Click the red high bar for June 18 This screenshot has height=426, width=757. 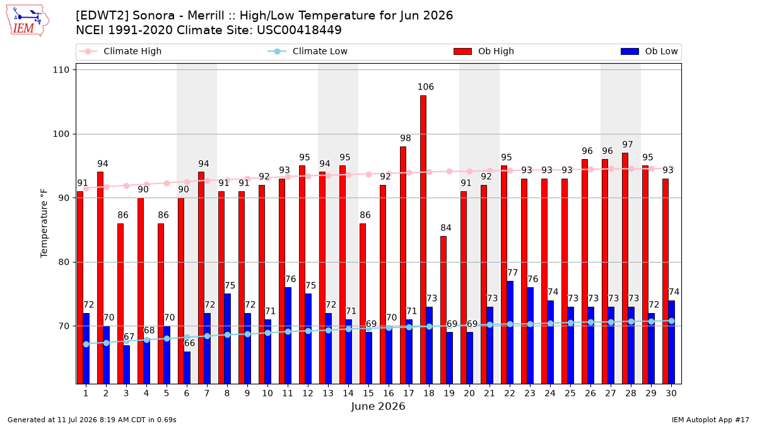423,240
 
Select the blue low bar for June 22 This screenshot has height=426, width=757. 510,333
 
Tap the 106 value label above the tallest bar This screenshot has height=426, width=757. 425,87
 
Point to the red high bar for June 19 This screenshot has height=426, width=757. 443,310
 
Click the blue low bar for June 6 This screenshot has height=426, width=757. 187,368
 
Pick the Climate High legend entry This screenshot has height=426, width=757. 120,51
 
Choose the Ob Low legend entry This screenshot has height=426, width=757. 649,51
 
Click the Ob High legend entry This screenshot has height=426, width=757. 484,51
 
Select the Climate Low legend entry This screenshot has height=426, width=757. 308,51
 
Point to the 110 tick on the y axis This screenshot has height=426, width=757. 61,70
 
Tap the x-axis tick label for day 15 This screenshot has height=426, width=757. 368,393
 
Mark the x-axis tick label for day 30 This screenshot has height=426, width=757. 671,393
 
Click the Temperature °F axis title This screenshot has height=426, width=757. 44,223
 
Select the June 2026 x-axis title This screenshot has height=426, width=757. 378,406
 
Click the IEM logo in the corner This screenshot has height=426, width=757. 28,21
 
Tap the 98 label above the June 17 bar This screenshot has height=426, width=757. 405,138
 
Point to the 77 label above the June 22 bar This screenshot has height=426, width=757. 512,273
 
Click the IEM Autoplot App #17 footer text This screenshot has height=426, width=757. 710,420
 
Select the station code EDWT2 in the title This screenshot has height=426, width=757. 102,16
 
